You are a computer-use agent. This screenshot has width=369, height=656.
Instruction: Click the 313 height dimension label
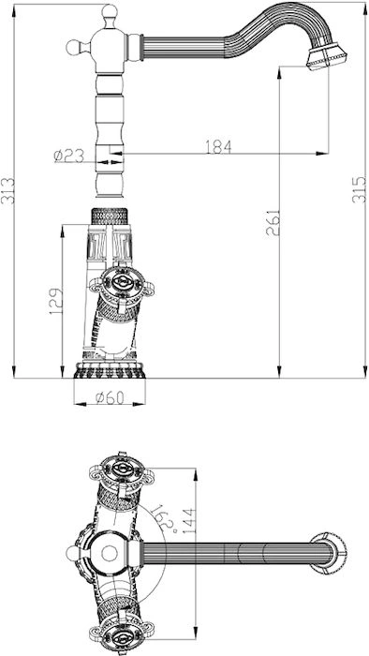tap(7, 191)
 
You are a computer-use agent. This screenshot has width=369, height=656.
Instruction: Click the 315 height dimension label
tap(359, 189)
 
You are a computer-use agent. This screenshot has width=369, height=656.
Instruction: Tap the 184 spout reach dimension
tap(218, 146)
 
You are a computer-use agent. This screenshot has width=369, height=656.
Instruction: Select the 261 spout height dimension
tap(273, 223)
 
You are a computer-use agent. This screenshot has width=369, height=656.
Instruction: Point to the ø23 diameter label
tap(69, 157)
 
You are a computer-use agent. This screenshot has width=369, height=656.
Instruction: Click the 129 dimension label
tap(56, 302)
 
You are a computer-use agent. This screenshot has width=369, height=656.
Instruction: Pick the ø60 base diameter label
tap(110, 398)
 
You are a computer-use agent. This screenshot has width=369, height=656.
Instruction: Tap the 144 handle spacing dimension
tap(189, 520)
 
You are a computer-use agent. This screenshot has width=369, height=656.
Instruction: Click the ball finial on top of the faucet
tap(110, 11)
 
